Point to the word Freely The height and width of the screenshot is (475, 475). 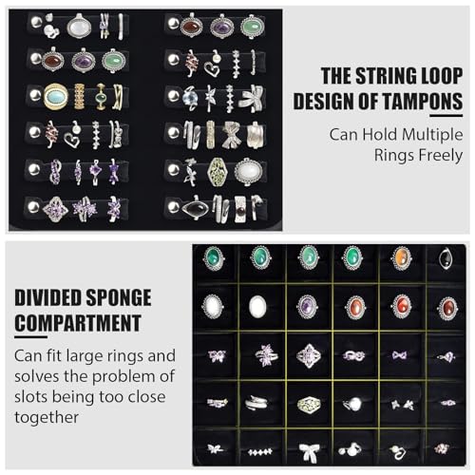(x=441, y=155)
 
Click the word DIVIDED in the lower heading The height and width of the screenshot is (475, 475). (x=47, y=297)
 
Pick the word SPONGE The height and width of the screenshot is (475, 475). (x=119, y=297)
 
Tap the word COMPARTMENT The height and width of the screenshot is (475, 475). (x=78, y=323)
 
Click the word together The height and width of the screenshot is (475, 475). (x=47, y=417)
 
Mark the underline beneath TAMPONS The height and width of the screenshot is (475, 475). (x=446, y=116)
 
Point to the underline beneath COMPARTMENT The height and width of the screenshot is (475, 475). (x=30, y=336)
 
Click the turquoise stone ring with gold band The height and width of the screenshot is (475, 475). (x=56, y=96)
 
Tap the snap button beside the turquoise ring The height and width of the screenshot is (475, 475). (x=35, y=95)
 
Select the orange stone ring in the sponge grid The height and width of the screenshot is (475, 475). (x=401, y=258)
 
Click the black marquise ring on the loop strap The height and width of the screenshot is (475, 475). (x=195, y=208)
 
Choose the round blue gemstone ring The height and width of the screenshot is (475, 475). (x=190, y=98)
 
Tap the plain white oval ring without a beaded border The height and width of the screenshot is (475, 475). (x=257, y=307)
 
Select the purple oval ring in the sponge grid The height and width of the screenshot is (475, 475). (x=306, y=307)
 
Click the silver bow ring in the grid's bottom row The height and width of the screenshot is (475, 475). (x=309, y=451)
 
